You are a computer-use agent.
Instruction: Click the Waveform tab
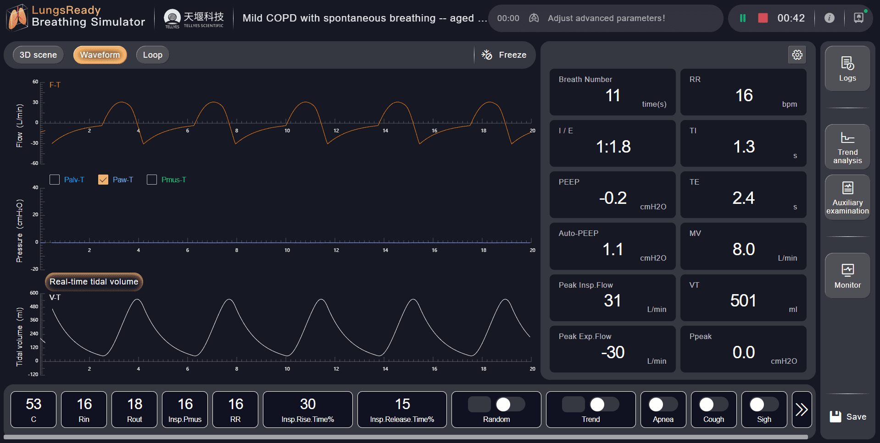100,55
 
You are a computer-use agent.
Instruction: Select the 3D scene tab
38,55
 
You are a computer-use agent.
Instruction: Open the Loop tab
152,55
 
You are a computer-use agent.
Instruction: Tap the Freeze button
504,55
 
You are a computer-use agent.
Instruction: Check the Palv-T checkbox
55,180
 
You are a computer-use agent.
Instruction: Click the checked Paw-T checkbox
103,180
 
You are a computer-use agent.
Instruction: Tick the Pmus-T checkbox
152,180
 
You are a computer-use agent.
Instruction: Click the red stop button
763,18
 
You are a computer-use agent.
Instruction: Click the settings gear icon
797,55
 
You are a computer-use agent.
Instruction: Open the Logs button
847,69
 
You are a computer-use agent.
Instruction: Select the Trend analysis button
847,147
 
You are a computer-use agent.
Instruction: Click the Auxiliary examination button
847,197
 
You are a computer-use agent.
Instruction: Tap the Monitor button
847,276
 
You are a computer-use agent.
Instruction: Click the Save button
847,416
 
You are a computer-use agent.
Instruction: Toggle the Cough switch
713,405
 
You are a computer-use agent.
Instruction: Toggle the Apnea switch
663,405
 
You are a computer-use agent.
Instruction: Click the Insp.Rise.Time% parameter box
307,409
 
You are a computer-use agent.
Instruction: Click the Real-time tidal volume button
94,282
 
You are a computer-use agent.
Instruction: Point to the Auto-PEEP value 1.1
613,250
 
